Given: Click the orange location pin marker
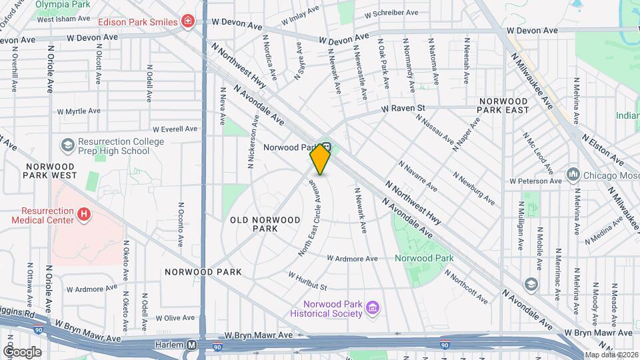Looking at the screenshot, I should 320,159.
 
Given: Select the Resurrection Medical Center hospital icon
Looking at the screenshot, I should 84,214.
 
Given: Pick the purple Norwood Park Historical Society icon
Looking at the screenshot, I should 373,307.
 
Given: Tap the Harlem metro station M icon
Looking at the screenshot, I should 191,345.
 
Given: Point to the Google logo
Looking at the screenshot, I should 22,351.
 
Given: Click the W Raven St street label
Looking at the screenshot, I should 403,107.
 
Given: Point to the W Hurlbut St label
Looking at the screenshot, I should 307,281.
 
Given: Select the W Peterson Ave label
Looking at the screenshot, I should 536,181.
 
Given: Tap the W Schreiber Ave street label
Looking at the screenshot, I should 391,13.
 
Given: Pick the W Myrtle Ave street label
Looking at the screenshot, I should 78,111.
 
